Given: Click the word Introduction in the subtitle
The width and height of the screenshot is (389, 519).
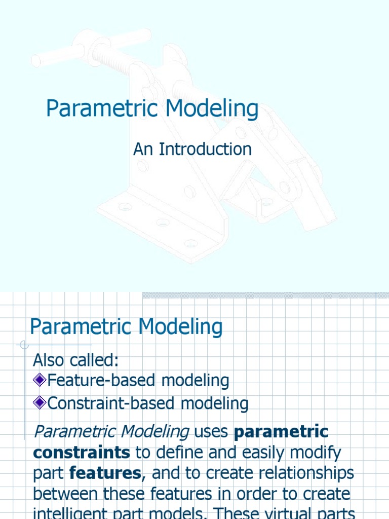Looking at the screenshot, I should (206, 149).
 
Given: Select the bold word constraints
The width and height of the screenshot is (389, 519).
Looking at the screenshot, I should (82, 452).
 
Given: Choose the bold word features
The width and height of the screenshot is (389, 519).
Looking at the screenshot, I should (105, 473).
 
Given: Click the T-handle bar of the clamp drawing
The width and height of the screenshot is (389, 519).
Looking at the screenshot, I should (91, 49).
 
